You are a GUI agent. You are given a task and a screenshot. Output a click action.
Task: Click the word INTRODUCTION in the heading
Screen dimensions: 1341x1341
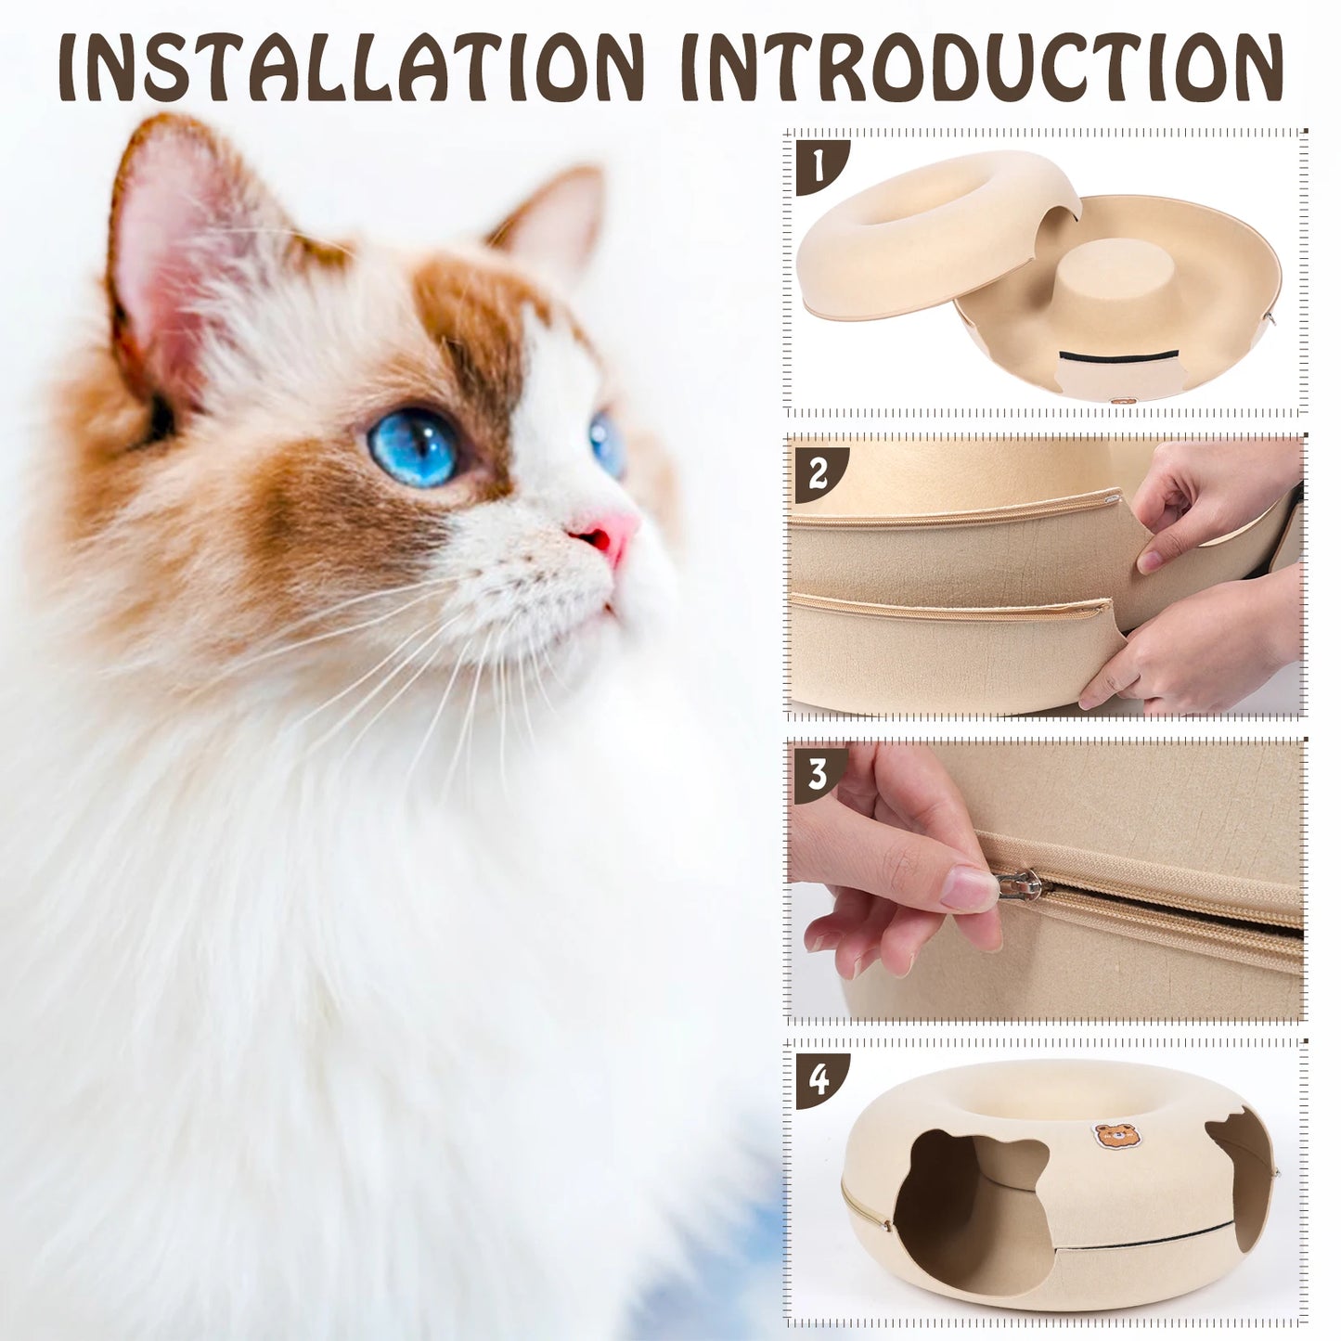(x=981, y=68)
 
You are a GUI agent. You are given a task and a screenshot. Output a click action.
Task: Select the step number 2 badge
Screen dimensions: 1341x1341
(x=819, y=474)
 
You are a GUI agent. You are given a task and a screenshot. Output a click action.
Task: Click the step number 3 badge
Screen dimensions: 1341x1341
(x=819, y=774)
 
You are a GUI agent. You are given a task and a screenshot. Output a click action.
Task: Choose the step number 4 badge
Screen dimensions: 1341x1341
(x=819, y=1081)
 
